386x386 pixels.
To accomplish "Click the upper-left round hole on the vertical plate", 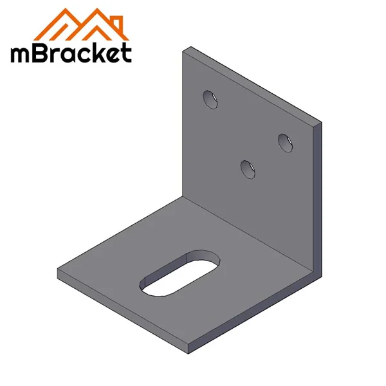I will pos(210,100).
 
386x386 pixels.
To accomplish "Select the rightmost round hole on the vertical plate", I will pos(285,142).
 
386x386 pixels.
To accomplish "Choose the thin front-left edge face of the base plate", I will pos(122,311).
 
